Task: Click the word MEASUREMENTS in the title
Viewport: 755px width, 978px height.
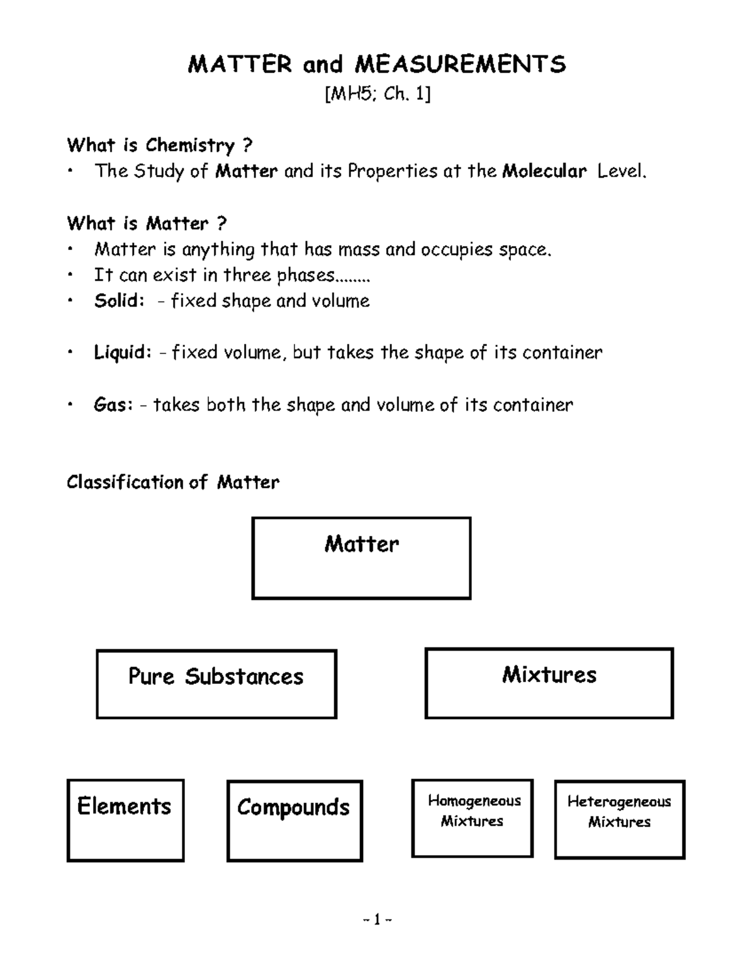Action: pyautogui.click(x=460, y=64)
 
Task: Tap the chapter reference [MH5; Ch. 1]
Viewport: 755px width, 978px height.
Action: pyautogui.click(x=377, y=94)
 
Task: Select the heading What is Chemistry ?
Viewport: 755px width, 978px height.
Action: pyautogui.click(x=160, y=145)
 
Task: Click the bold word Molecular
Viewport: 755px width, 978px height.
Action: pyautogui.click(x=544, y=171)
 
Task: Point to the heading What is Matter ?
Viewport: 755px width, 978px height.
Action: pyautogui.click(x=147, y=224)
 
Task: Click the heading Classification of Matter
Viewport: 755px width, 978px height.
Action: pyautogui.click(x=173, y=482)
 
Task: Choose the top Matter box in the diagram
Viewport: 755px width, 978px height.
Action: pyautogui.click(x=361, y=558)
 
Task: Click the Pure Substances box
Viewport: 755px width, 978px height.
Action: pyautogui.click(x=216, y=684)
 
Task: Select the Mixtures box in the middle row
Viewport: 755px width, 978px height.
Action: pyautogui.click(x=549, y=683)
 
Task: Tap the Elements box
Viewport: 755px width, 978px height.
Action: pyautogui.click(x=125, y=820)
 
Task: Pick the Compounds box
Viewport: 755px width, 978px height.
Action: pyautogui.click(x=294, y=821)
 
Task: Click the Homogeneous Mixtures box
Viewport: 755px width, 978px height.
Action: pyautogui.click(x=473, y=818)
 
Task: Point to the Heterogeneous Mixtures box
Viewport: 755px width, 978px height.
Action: pyautogui.click(x=619, y=819)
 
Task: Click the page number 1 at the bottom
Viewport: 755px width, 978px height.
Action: pyautogui.click(x=377, y=921)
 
